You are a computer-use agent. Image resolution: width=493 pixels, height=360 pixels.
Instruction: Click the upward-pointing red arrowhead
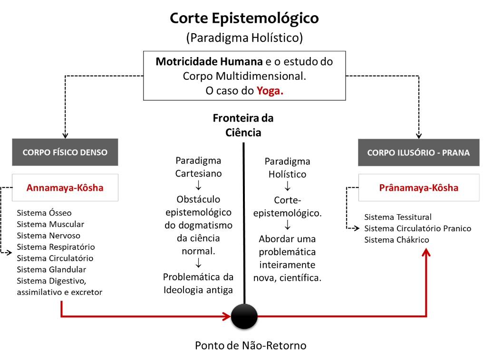coord(426,252)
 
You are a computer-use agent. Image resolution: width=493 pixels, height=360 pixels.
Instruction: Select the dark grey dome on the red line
coord(244,312)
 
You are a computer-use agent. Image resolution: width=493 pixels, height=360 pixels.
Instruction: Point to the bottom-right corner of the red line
coord(426,316)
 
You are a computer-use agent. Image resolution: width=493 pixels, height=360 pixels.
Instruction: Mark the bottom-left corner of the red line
coord(61,316)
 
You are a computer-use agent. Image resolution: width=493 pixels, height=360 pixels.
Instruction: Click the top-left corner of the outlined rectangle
coord(144,51)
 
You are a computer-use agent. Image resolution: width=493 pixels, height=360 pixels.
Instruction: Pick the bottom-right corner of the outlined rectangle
coord(346,100)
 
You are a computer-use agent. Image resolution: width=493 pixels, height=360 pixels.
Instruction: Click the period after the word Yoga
coord(282,93)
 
